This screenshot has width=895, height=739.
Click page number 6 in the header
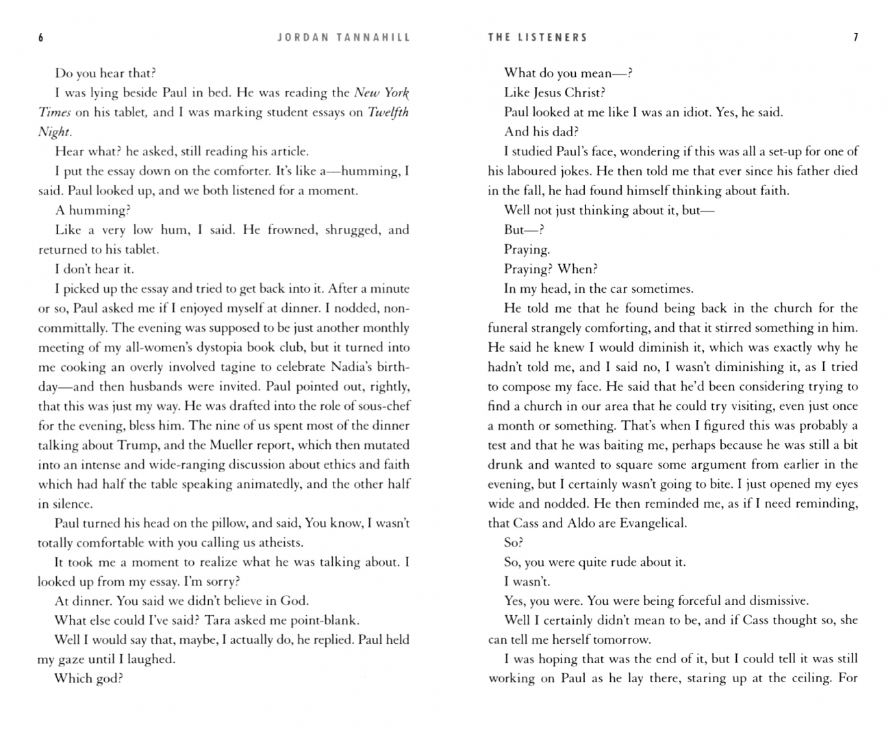41,38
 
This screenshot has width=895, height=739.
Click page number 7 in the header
855,38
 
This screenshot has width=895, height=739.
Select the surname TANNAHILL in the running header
373,38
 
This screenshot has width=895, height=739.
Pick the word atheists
279,543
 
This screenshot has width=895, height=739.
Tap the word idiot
693,112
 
